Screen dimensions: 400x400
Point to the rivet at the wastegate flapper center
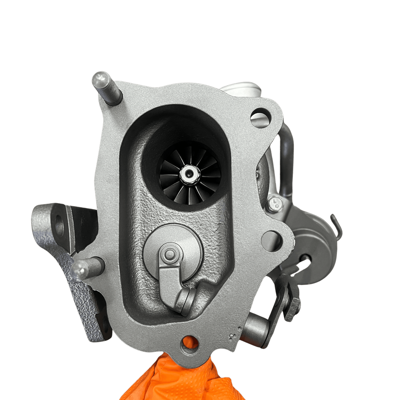[x=170, y=255]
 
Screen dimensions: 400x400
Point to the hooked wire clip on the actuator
[x=337, y=227]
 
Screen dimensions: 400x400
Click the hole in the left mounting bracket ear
[x=59, y=225]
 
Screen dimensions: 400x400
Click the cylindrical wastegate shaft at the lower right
[x=254, y=328]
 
